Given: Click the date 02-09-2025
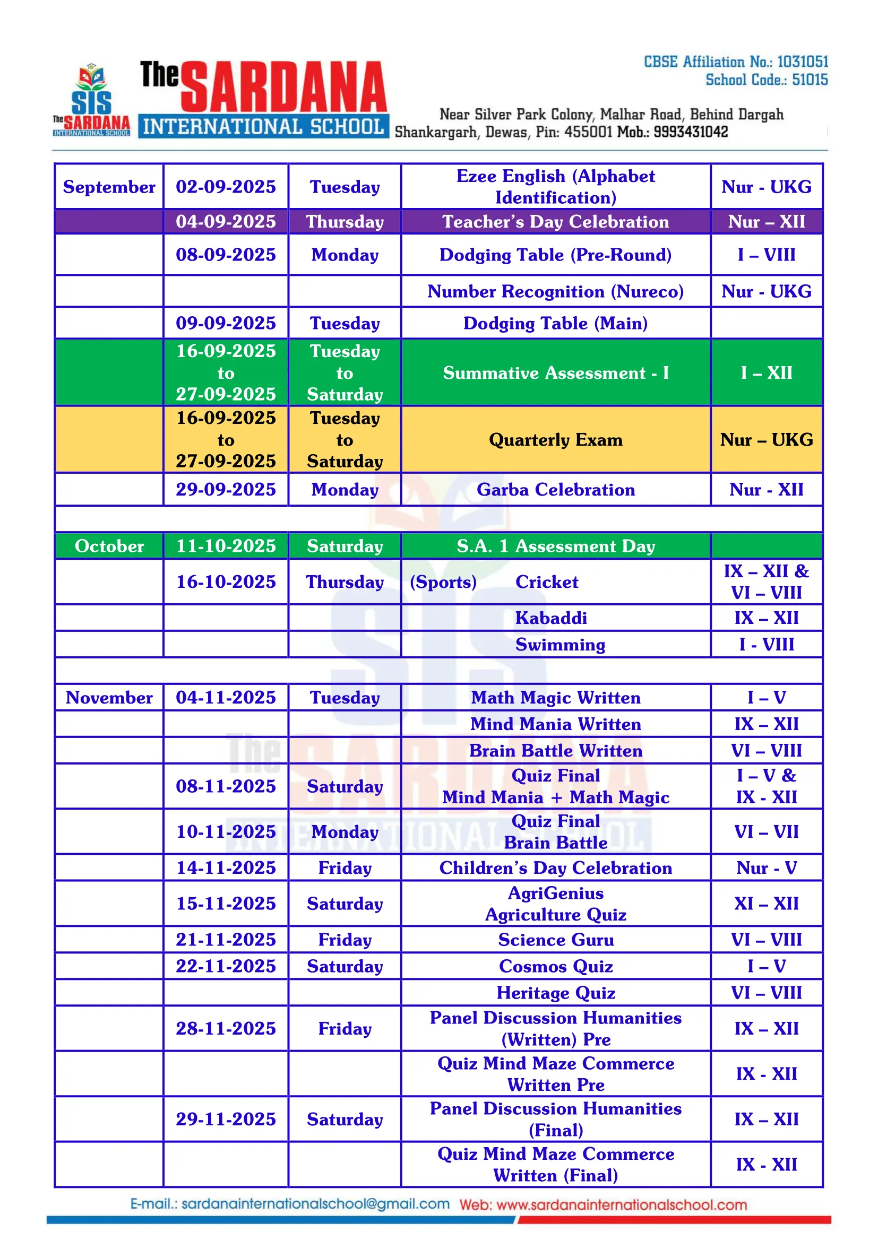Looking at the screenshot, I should click(226, 186).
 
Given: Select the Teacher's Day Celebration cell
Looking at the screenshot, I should click(555, 222).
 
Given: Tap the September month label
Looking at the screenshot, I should click(109, 186).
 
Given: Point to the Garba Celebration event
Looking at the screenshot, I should click(555, 489).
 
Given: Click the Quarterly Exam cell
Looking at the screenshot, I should click(555, 439).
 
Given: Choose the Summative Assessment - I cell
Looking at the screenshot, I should click(555, 372).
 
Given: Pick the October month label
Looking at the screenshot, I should click(109, 546).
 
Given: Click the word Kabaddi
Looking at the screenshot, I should click(550, 618).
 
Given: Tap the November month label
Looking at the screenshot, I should click(109, 697).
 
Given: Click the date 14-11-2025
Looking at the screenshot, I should click(226, 867).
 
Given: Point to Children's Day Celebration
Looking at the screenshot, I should click(555, 867).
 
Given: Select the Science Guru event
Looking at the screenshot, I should click(555, 940).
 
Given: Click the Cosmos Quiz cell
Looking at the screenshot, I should click(555, 966).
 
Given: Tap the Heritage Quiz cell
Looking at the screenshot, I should click(555, 992).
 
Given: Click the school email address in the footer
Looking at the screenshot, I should click(290, 1204).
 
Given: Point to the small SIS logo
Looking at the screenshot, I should click(91, 100).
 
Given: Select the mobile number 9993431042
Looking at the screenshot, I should click(691, 132).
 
